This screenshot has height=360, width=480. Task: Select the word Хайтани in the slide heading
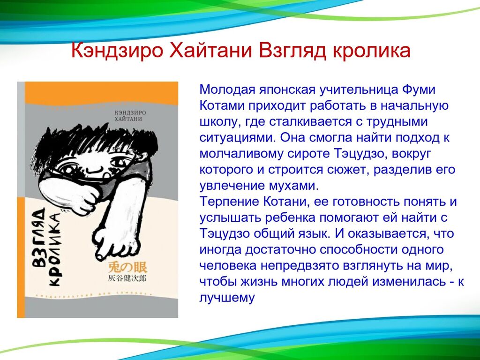[x=210, y=51]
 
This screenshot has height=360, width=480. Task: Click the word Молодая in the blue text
[x=227, y=90]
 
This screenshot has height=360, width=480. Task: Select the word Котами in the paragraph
[x=221, y=105]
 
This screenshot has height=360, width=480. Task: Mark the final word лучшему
[x=227, y=298]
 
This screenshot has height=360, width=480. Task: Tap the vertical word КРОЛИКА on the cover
[x=54, y=249]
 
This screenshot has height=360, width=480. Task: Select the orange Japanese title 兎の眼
[x=127, y=268]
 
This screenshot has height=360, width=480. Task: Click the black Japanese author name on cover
[x=127, y=278]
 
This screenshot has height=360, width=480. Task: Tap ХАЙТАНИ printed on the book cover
[x=128, y=119]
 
